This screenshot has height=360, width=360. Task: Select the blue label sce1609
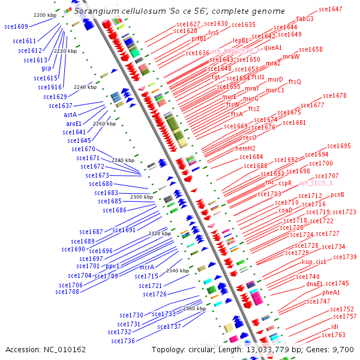click(16, 26)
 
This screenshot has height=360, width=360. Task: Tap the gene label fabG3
click(305, 19)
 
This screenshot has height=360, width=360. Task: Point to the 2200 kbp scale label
click(45, 14)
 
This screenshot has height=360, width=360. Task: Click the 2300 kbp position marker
click(142, 197)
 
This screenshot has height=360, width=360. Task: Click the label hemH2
click(245, 148)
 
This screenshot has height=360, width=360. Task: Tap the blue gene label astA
click(70, 114)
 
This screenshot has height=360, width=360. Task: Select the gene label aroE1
click(74, 124)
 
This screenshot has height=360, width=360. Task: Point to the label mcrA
click(146, 267)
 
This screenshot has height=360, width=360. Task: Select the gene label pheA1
click(331, 292)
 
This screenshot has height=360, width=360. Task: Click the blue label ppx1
click(112, 266)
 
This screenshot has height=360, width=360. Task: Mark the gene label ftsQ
click(295, 82)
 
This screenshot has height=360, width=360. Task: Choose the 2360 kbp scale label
click(194, 308)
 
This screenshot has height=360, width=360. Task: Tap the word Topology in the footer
click(169, 349)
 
